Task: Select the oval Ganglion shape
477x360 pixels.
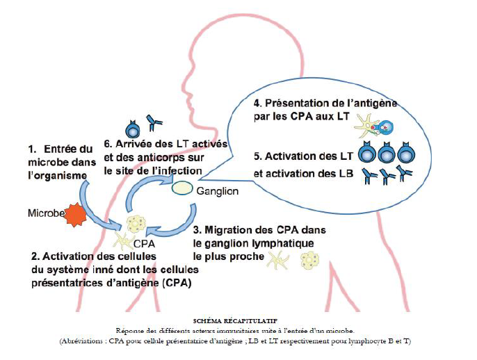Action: point(182,188)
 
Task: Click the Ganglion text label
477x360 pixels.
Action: point(219,190)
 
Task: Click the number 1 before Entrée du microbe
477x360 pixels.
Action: point(31,149)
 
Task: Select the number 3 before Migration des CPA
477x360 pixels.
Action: point(197,229)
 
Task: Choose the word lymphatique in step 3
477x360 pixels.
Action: point(286,243)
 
